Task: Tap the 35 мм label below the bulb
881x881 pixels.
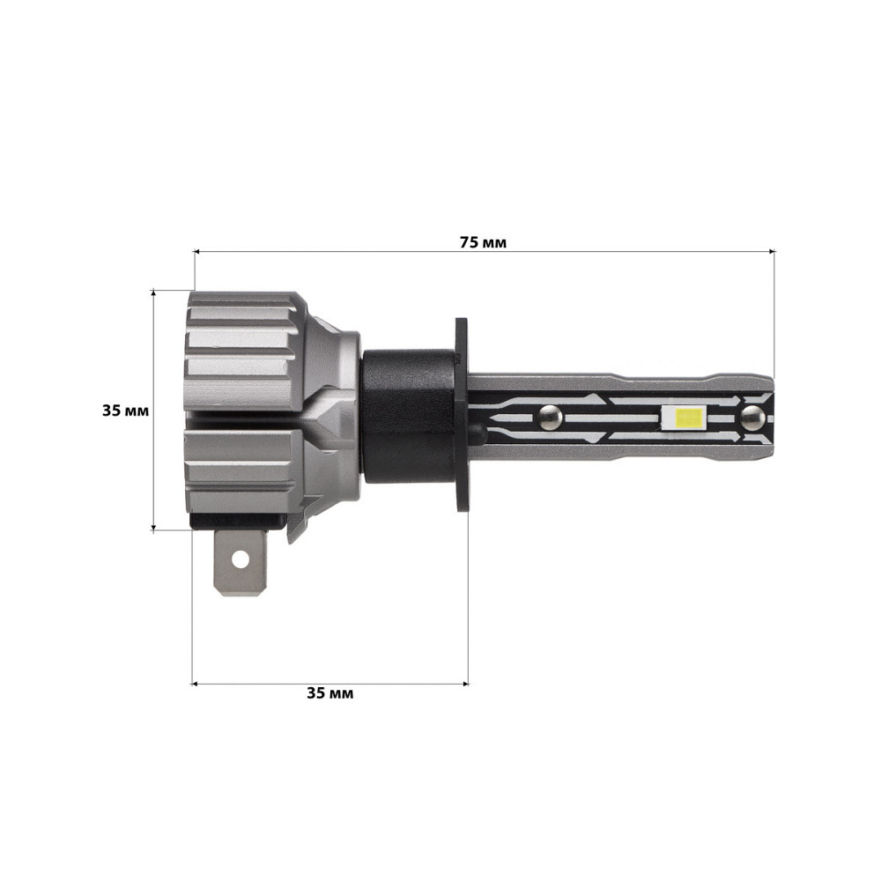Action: pyautogui.click(x=329, y=693)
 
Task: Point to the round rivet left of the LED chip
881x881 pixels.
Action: pyautogui.click(x=550, y=414)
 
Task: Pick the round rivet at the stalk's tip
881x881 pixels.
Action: pyautogui.click(x=752, y=415)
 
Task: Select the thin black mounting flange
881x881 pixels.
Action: pyautogui.click(x=461, y=414)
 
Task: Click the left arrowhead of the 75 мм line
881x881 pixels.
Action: pyautogui.click(x=197, y=252)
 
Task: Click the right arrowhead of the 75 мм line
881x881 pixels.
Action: pyautogui.click(x=772, y=252)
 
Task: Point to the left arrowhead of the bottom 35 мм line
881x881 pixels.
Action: pyautogui.click(x=196, y=682)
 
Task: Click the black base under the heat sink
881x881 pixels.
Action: pyautogui.click(x=238, y=523)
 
